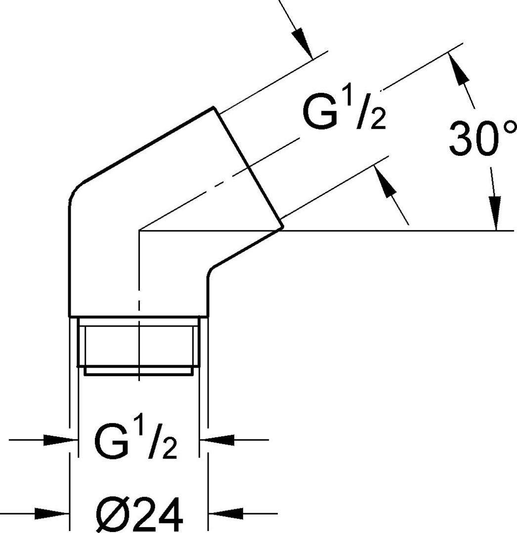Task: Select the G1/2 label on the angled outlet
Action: click(x=344, y=114)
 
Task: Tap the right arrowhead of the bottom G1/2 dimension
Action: click(x=218, y=439)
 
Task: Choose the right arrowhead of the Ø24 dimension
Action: click(x=225, y=513)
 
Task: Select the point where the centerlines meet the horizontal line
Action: click(x=140, y=230)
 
